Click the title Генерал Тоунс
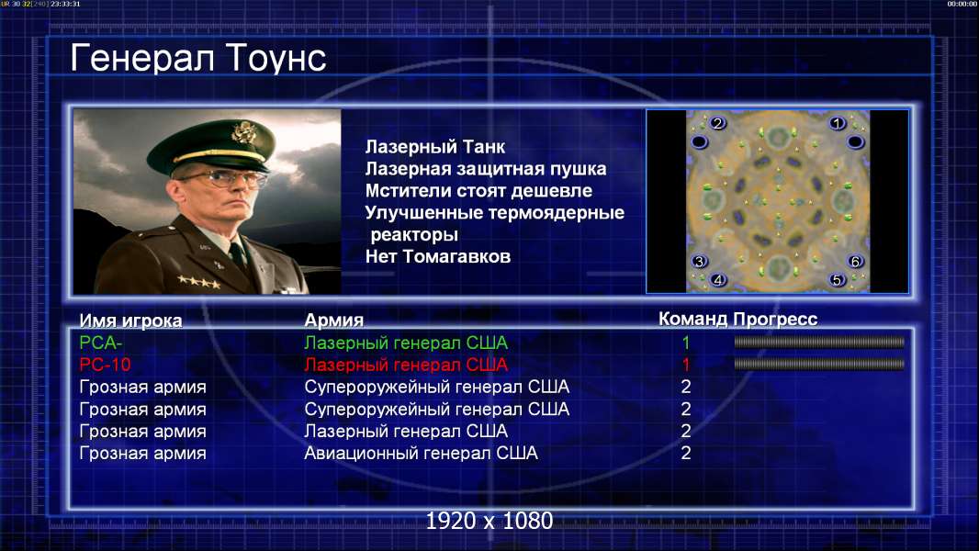(x=198, y=58)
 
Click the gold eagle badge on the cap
(x=242, y=133)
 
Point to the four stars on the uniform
(x=198, y=282)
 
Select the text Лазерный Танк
(x=435, y=147)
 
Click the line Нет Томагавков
(x=438, y=256)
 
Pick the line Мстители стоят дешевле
(x=478, y=190)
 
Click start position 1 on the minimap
(x=838, y=124)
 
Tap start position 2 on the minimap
(x=717, y=123)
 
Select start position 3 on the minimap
(x=699, y=261)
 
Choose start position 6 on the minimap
(x=855, y=261)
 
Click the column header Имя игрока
(x=130, y=320)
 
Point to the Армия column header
(x=334, y=320)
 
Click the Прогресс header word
(x=775, y=320)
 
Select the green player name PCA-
(x=100, y=343)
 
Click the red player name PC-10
(x=105, y=365)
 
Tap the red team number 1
(x=685, y=365)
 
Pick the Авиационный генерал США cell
(x=421, y=453)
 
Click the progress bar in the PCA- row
(x=819, y=342)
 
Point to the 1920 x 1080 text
(x=489, y=521)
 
